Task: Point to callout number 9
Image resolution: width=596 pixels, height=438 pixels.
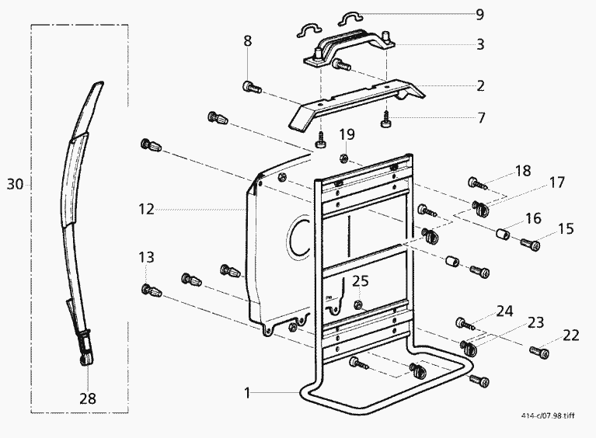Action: pos(480,14)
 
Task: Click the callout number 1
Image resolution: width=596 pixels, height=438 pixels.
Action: pos(247,393)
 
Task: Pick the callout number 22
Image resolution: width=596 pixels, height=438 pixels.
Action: pos(571,335)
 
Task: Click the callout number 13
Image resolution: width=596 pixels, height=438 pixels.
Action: pos(147,257)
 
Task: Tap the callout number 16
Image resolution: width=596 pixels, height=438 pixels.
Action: pos(533,218)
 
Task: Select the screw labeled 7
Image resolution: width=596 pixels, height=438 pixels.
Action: pos(386,120)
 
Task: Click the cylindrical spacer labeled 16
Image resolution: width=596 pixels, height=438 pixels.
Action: pos(503,234)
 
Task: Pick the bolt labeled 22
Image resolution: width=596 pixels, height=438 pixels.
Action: pos(540,353)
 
